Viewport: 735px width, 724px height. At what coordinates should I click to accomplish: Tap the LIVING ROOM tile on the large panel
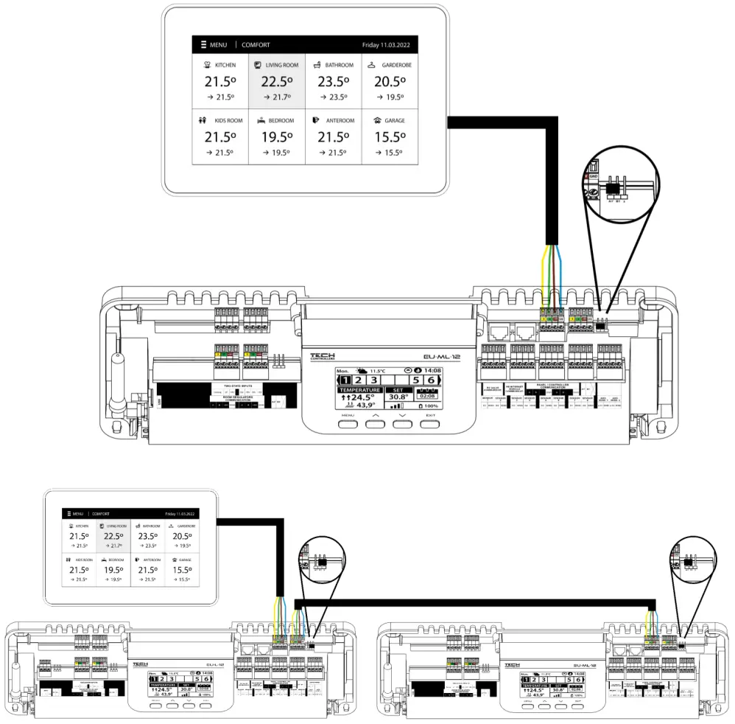coord(276,81)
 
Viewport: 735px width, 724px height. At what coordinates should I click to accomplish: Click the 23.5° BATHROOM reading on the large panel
coord(333,82)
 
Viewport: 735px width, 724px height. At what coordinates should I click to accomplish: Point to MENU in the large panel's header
coord(217,45)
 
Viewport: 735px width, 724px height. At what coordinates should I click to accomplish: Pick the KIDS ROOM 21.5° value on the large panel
coord(219,137)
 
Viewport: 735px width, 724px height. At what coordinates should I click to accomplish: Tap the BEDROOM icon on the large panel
coord(261,120)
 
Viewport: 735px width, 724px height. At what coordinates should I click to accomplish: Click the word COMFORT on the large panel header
coord(256,45)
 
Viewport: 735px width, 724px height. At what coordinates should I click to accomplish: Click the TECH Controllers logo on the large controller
coord(323,357)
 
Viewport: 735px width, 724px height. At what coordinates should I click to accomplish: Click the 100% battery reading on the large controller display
coord(427,405)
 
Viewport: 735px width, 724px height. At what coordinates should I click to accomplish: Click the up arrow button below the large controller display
coord(375,424)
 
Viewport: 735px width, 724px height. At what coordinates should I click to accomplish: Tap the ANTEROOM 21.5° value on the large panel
coord(333,137)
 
